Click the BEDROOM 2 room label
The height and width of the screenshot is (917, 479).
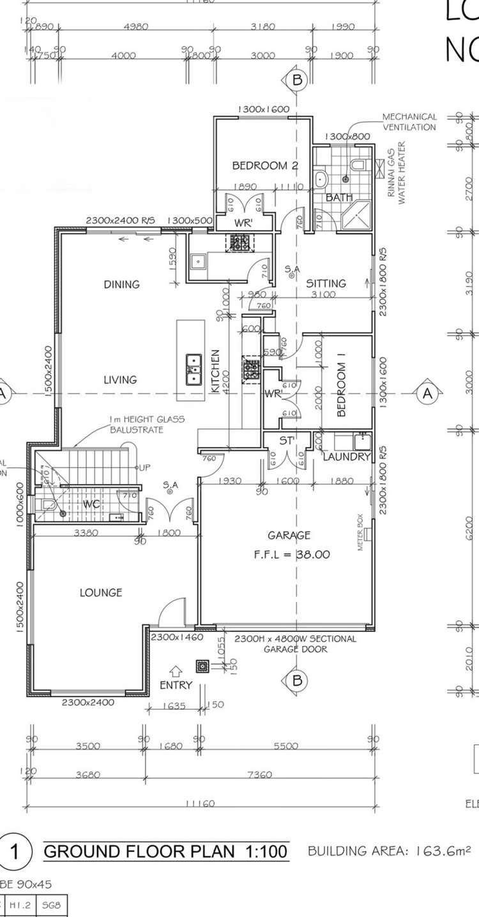click(x=265, y=166)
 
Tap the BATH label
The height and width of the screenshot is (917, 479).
click(x=339, y=198)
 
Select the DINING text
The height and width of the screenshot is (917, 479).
click(x=121, y=284)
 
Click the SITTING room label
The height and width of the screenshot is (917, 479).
click(x=326, y=283)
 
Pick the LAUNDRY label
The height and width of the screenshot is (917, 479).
click(x=346, y=457)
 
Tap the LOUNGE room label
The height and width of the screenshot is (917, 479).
click(x=101, y=592)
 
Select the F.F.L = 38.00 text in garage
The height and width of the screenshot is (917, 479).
click(x=291, y=555)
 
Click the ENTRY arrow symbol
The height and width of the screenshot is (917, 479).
click(x=177, y=671)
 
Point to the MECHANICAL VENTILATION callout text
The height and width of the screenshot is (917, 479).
click(x=409, y=122)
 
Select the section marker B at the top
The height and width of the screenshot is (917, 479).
click(x=296, y=80)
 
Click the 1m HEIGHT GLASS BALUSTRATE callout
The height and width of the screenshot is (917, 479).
click(x=146, y=424)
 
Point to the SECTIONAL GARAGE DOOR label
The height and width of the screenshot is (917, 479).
click(x=296, y=644)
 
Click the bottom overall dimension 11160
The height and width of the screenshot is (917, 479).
click(x=200, y=804)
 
